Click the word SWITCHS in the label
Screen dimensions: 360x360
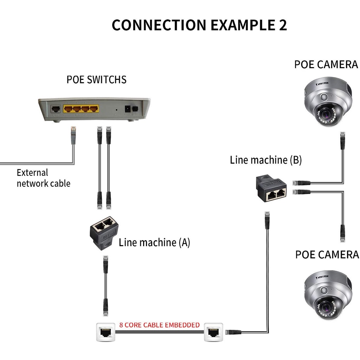coord(104,79)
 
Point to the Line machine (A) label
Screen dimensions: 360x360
coord(154,242)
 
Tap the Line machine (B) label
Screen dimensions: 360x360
coord(266,160)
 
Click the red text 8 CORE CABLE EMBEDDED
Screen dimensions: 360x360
coord(160,325)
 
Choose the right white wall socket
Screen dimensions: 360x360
coord(214,332)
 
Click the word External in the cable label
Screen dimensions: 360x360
coord(32,173)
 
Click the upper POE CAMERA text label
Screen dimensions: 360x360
coord(326,65)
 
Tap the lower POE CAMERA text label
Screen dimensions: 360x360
coord(327,255)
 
